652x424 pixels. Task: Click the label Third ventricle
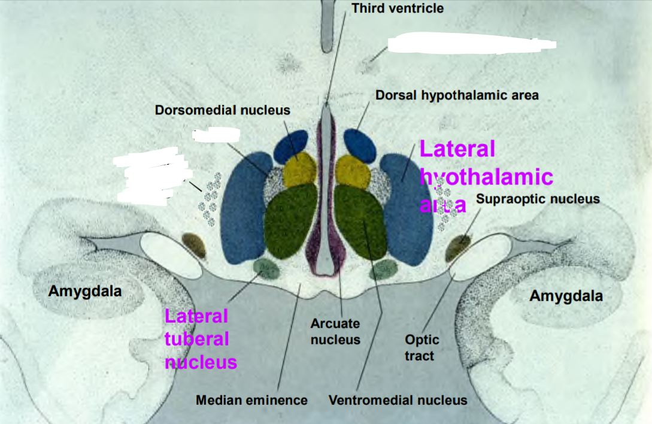pos(398,8)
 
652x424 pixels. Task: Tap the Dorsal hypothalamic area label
pos(457,95)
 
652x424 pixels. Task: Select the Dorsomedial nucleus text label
pos(222,110)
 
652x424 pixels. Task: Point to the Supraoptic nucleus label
pos(538,198)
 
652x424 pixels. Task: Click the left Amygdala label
pos(85,292)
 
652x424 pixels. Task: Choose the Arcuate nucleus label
pos(335,332)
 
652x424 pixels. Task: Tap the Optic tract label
pos(422,347)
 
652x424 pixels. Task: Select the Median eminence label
pos(251,400)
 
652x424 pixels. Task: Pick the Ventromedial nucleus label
pos(398,400)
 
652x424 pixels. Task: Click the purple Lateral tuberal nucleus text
pos(200,339)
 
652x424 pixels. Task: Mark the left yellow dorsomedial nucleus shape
pos(299,169)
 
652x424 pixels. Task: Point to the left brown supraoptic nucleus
pos(194,245)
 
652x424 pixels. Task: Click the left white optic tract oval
pos(171,255)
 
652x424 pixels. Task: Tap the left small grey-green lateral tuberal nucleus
pos(266,269)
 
